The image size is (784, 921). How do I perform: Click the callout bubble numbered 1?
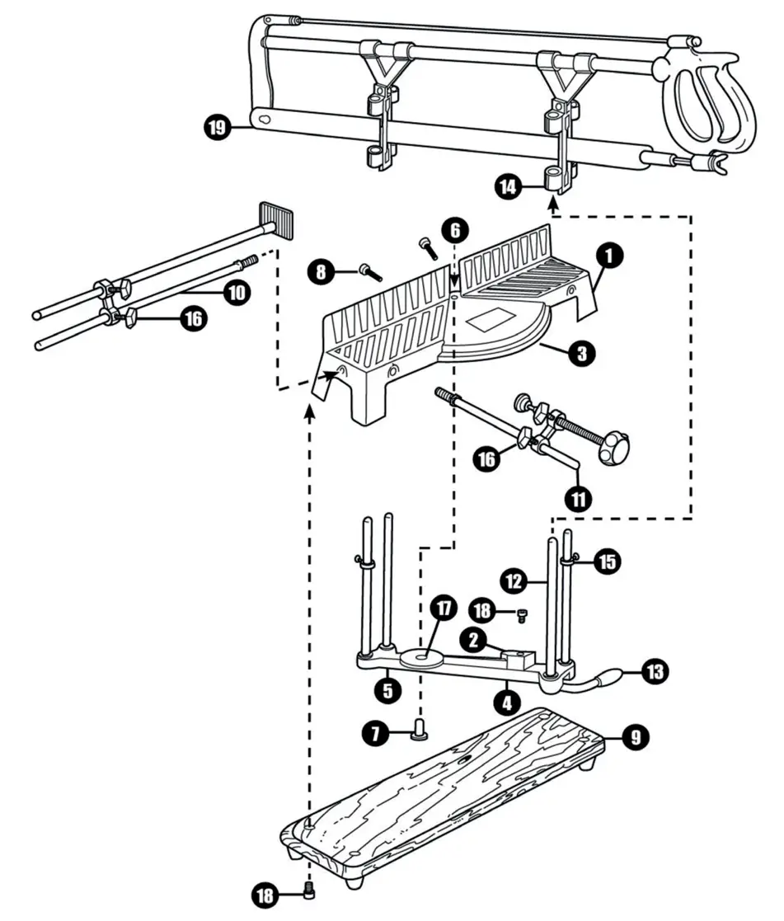608,256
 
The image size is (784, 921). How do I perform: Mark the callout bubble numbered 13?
654,672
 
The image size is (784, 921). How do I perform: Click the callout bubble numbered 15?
607,562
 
